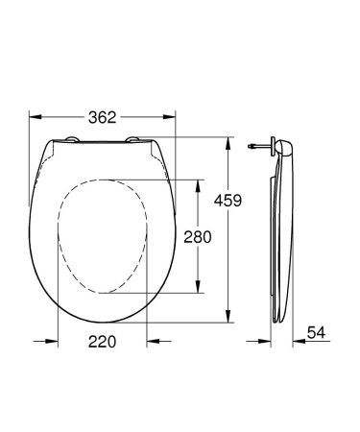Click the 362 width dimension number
click(104, 118)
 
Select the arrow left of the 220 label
click(53, 341)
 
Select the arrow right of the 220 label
click(152, 341)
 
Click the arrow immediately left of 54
click(299, 341)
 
